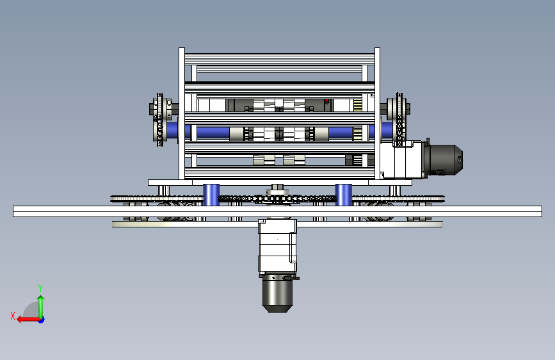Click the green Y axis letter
click(40, 288)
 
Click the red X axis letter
click(13, 316)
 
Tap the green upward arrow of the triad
click(41, 307)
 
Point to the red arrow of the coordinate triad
click(28, 320)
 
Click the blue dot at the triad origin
click(42, 320)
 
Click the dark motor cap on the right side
click(444, 160)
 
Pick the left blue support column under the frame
click(211, 195)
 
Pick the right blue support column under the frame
click(343, 195)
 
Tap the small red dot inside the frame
click(326, 101)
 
